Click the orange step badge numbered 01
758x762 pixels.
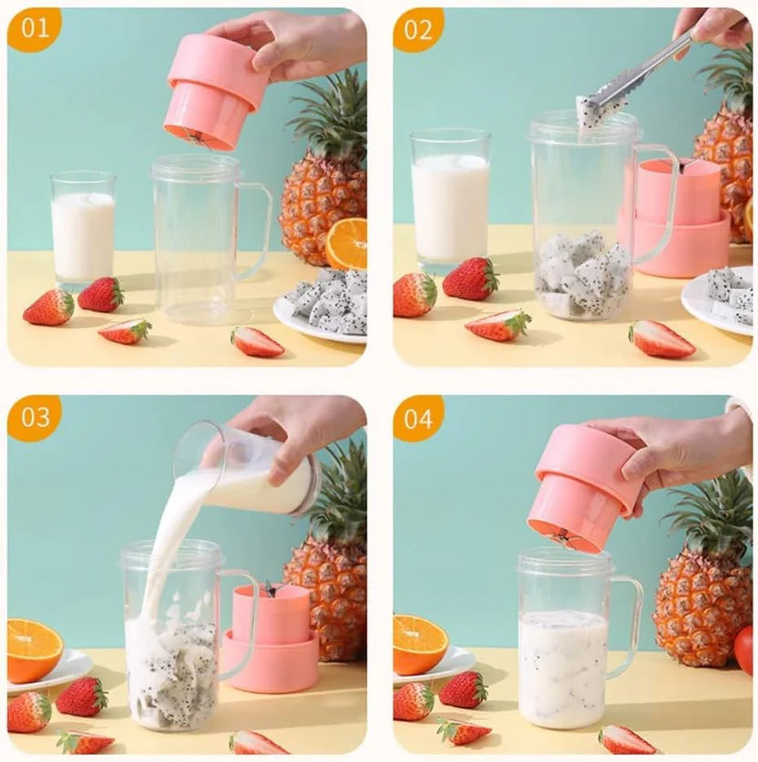35,29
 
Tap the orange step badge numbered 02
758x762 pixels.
418,29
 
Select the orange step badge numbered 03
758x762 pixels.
35,417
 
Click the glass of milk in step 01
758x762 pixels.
83,232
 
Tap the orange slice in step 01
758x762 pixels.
347,244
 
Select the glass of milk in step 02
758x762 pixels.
450,200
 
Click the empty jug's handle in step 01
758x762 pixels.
256,231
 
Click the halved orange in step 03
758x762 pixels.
34,649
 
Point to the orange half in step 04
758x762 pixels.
419,644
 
